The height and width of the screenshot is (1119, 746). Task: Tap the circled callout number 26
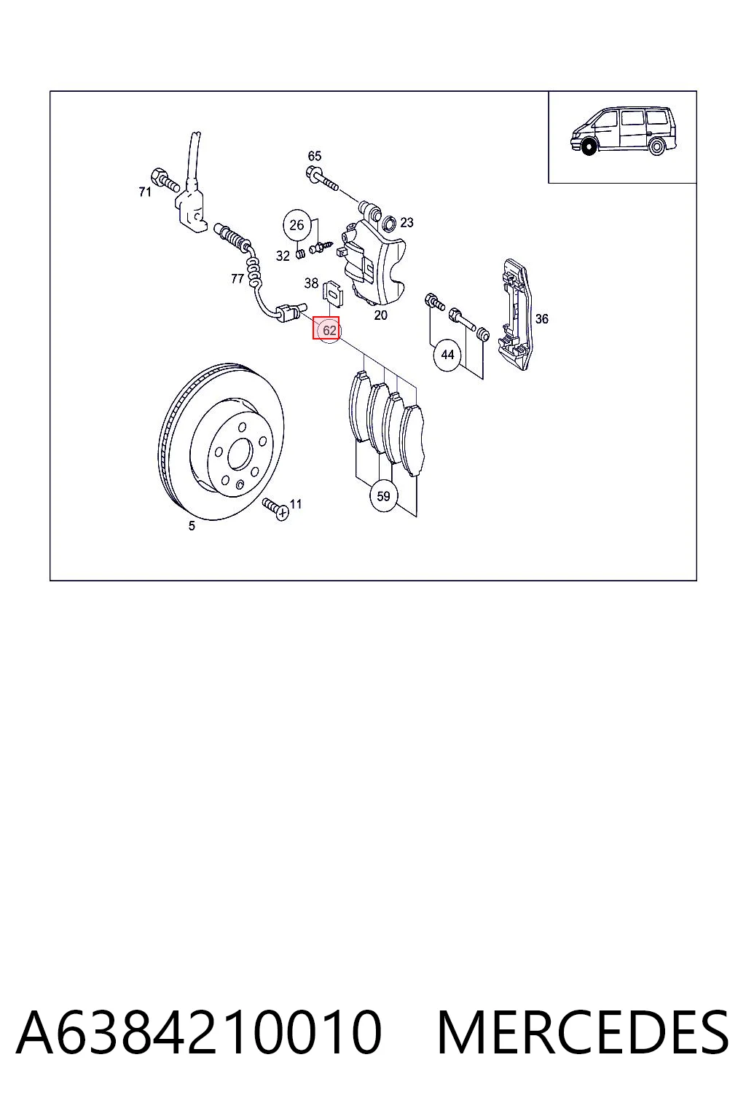pyautogui.click(x=297, y=225)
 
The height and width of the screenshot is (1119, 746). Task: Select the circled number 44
pyautogui.click(x=447, y=356)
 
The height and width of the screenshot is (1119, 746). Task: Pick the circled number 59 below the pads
pyautogui.click(x=383, y=496)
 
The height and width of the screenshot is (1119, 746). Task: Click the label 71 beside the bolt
pyautogui.click(x=145, y=192)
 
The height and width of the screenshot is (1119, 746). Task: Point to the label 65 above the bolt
pyautogui.click(x=315, y=157)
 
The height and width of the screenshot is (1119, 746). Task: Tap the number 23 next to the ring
pyautogui.click(x=407, y=223)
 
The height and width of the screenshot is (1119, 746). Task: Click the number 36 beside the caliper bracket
pyautogui.click(x=541, y=318)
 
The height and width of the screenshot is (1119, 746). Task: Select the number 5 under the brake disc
pyautogui.click(x=192, y=525)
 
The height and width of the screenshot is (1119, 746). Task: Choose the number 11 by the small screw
pyautogui.click(x=296, y=503)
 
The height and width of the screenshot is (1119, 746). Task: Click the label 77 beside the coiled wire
pyautogui.click(x=237, y=279)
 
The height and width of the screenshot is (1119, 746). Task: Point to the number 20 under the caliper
pyautogui.click(x=381, y=315)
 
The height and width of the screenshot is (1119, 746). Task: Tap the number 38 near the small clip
pyautogui.click(x=311, y=283)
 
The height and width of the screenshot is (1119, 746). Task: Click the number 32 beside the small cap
pyautogui.click(x=283, y=256)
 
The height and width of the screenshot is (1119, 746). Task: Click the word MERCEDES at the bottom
pyautogui.click(x=583, y=1032)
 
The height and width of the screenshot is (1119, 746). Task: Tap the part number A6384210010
pyautogui.click(x=199, y=1032)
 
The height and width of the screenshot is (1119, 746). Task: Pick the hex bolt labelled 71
pyautogui.click(x=165, y=181)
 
